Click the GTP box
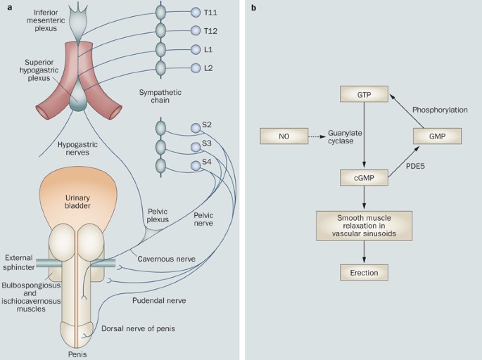coord(364,94)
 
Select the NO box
coord(284,136)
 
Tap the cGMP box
coord(364,178)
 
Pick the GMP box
coord(437,136)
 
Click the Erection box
coord(364,272)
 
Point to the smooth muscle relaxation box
coord(364,226)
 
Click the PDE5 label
coord(415,166)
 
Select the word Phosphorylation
coord(440,110)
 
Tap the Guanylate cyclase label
coord(345,137)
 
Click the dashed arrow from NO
coord(317,136)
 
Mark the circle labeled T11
coord(196,12)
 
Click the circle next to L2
coord(196,68)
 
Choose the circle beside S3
coord(196,147)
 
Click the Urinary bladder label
coord(77,202)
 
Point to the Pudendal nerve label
coord(159,300)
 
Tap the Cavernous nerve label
coord(166,259)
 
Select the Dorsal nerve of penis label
coord(139,328)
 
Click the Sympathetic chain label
coord(160,96)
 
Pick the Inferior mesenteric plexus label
coord(46,20)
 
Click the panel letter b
coord(253,8)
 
